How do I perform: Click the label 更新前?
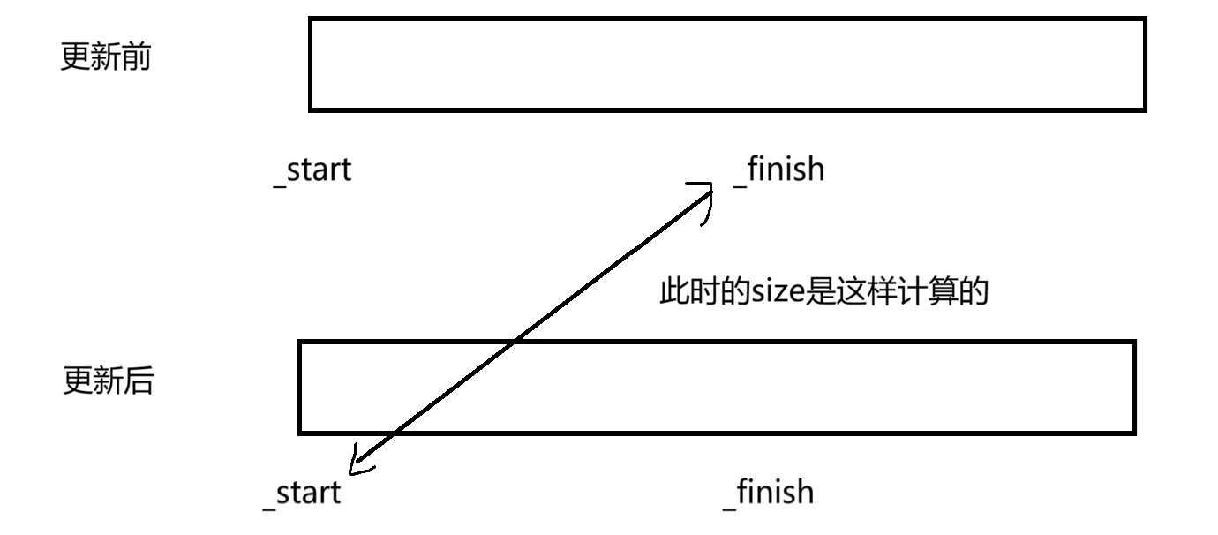pos(105,58)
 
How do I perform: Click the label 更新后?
pos(108,381)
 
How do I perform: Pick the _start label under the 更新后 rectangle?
pos(301,493)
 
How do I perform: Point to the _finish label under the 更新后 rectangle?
pos(767,491)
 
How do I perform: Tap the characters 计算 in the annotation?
pos(936,292)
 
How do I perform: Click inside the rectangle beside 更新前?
pos(727,64)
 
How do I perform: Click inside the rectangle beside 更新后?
pos(717,388)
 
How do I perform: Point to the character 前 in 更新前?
pos(136,58)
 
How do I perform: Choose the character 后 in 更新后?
pos(139,381)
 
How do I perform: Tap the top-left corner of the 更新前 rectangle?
pos(311,19)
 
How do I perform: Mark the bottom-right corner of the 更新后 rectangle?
pos(1133,433)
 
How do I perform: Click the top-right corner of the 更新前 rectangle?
pos(1145,19)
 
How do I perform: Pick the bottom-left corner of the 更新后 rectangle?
pos(300,433)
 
